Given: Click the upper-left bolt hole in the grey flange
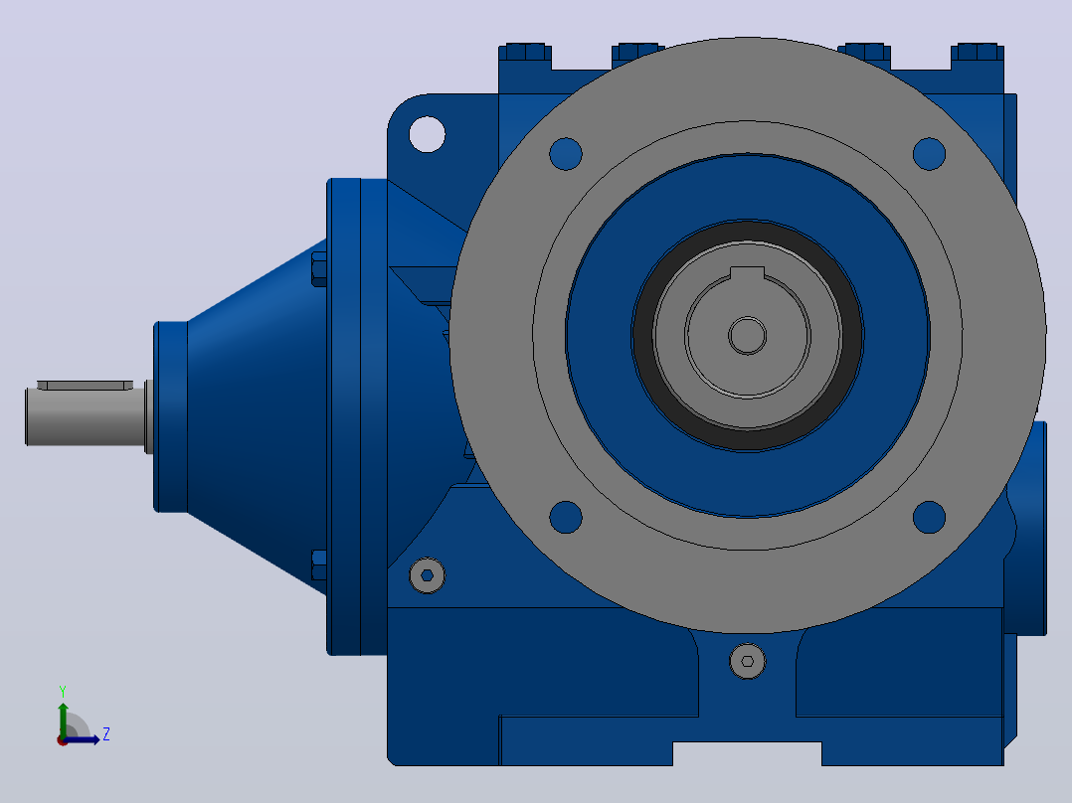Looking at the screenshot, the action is [566, 154].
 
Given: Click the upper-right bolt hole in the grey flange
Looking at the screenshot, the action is [929, 154].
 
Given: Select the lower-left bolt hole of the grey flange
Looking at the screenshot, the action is [566, 517].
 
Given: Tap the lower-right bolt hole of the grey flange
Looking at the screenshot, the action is [929, 517].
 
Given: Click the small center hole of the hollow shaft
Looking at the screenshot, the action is [747, 336].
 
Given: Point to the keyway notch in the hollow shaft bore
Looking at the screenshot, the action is [747, 273].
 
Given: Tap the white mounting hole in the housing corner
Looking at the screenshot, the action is [427, 134].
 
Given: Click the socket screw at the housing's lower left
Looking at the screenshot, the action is [427, 575].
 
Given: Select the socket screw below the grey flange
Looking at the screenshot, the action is [747, 661].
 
